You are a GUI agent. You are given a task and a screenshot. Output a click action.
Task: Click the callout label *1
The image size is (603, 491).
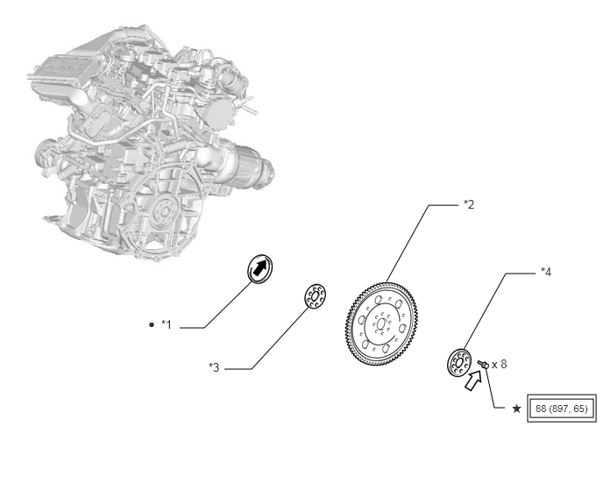coord(167,324)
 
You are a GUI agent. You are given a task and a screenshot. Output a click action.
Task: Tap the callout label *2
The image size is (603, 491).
coord(469,204)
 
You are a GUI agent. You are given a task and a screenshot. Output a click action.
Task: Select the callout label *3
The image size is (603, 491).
coord(214,367)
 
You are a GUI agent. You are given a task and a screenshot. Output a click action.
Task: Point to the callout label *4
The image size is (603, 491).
coord(546,272)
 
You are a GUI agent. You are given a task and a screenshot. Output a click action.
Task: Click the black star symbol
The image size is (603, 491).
coord(517,409)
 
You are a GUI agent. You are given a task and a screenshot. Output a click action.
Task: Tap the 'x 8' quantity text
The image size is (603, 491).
coord(500,364)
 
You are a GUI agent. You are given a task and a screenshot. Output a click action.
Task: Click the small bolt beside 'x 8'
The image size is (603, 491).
coord(483,364)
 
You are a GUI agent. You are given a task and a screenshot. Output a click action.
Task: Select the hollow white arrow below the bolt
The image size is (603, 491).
coord(473,380)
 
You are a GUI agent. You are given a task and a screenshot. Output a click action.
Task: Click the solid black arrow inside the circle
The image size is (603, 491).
coord(260,267)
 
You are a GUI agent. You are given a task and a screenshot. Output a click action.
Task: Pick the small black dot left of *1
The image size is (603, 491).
coord(151,324)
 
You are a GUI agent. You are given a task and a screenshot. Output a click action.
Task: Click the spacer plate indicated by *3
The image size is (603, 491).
coord(316,296)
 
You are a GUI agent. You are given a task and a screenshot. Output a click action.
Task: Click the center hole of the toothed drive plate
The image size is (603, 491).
coord(381,324)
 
